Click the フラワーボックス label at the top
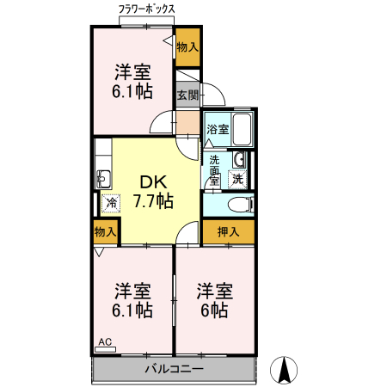pyautogui.click(x=148, y=9)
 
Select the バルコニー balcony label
pyautogui.click(x=174, y=370)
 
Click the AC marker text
pyautogui.click(x=105, y=342)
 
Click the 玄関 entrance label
pyautogui.click(x=187, y=95)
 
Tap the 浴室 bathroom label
pyautogui.click(x=218, y=130)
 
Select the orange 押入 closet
pyautogui.click(x=228, y=231)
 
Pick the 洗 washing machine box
pyautogui.click(x=238, y=180)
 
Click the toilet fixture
pyautogui.click(x=241, y=204)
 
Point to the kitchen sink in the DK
pyautogui.click(x=104, y=179)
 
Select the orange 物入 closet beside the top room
pyautogui.click(x=187, y=47)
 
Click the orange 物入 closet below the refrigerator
pyautogui.click(x=105, y=231)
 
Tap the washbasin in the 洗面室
pyautogui.click(x=240, y=160)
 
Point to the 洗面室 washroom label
pyautogui.click(x=214, y=170)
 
